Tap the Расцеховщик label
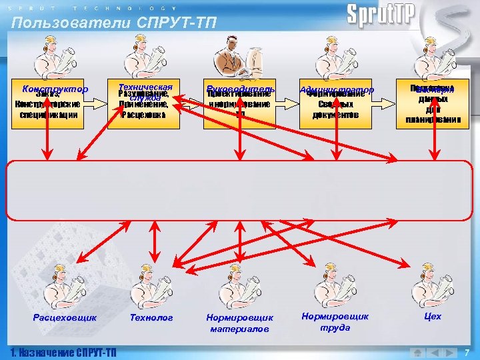coord(65,318)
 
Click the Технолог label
coord(151,318)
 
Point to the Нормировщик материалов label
coord(240,323)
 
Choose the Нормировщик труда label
coord(335,322)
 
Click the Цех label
coord(433,317)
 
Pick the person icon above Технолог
coord(148,285)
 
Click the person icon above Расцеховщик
coord(61,285)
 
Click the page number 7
coord(467,351)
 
